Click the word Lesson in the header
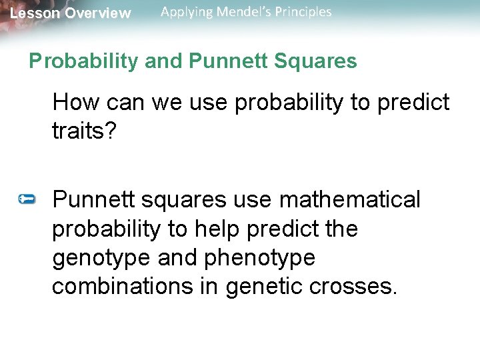click(x=34, y=13)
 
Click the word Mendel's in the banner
click(x=242, y=12)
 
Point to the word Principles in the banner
click(x=303, y=12)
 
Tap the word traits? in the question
click(x=84, y=131)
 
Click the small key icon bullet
click(x=27, y=199)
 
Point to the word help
click(x=219, y=229)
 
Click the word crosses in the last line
click(x=357, y=287)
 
